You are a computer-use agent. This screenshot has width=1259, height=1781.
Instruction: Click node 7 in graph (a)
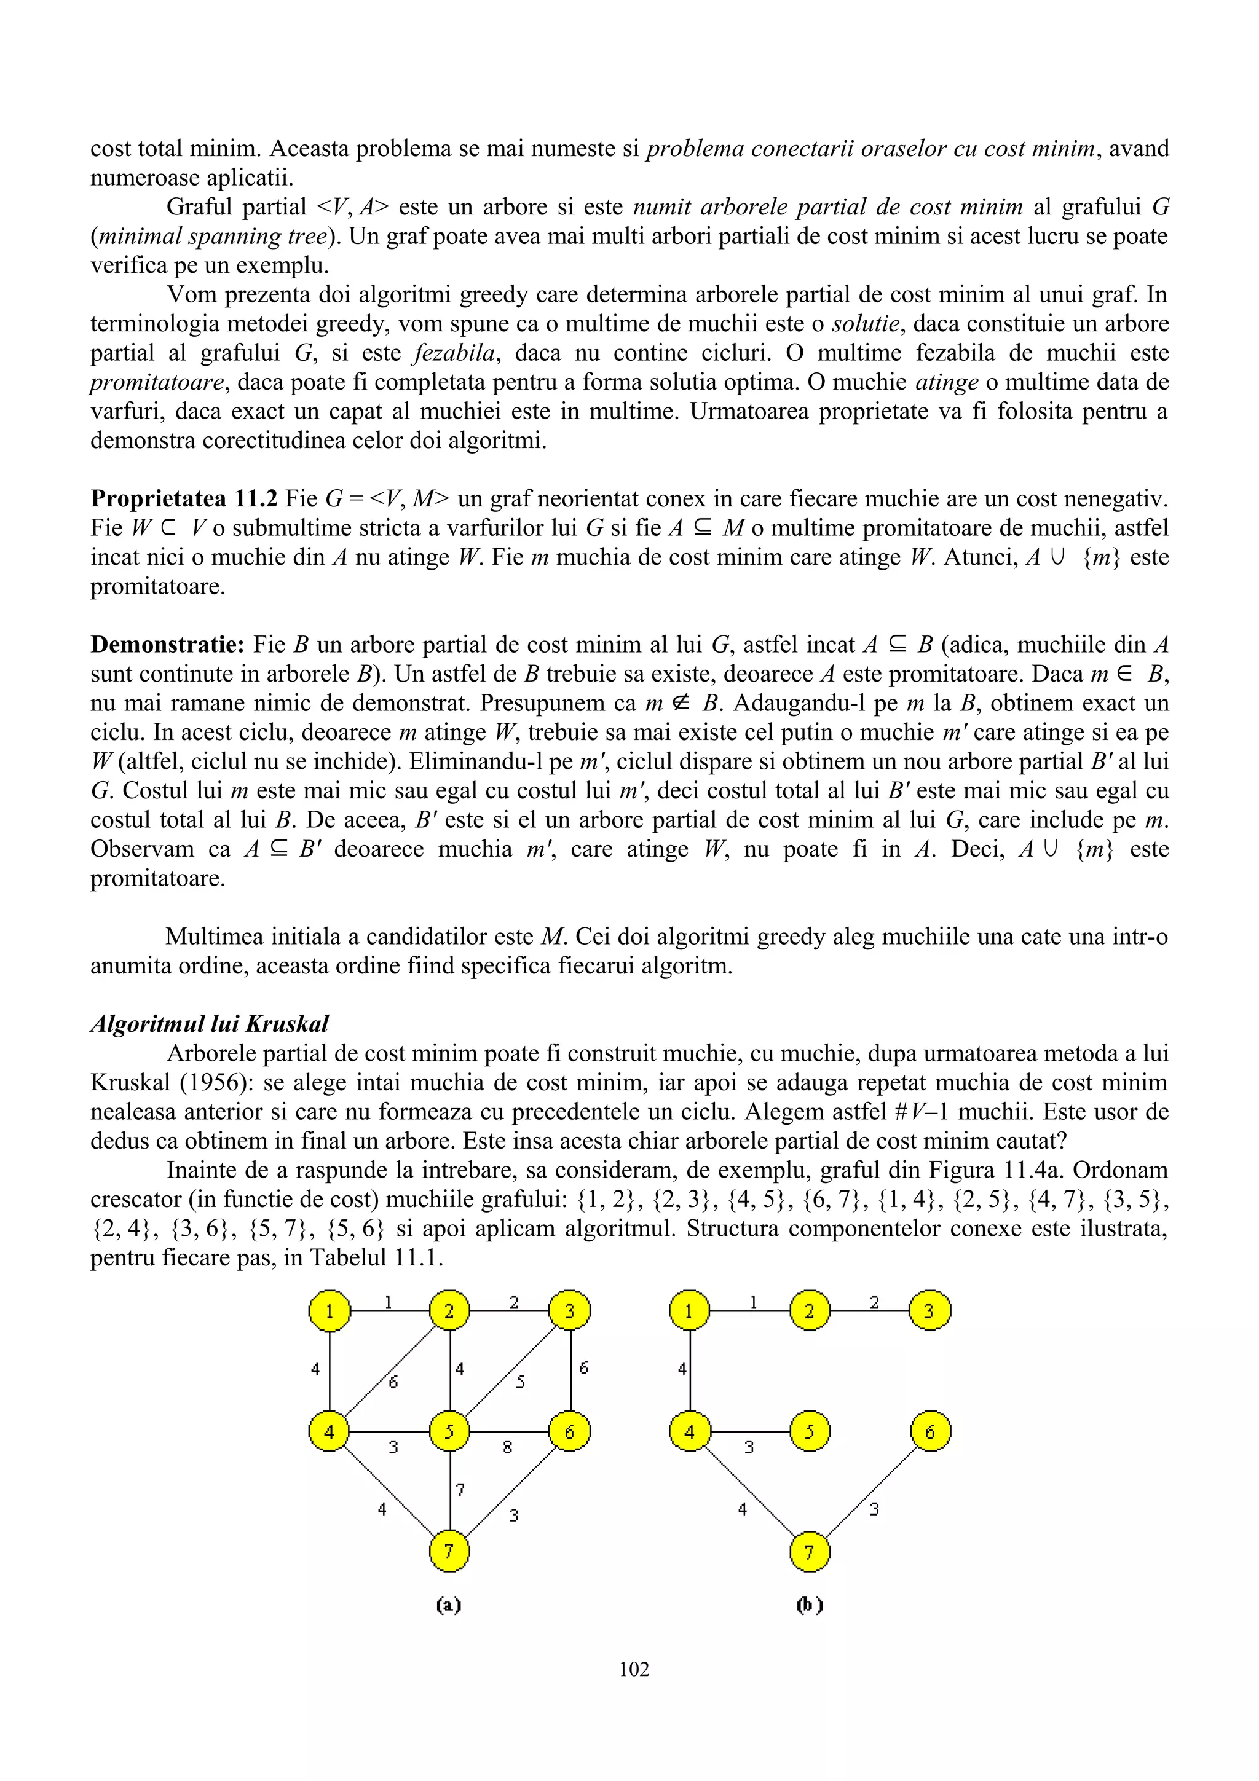(x=449, y=1551)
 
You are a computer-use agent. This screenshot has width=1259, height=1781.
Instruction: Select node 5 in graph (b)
(x=809, y=1431)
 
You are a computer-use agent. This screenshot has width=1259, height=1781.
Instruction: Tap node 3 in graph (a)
(x=569, y=1311)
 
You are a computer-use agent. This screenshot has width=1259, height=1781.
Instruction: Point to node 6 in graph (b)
(x=929, y=1431)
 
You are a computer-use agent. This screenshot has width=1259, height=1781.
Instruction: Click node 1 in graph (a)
(x=329, y=1311)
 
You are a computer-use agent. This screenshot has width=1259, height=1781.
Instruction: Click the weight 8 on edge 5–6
(x=507, y=1447)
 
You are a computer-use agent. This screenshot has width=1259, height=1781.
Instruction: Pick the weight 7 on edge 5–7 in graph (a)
(x=460, y=1489)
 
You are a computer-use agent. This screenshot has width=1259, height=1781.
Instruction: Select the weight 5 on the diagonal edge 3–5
(x=521, y=1382)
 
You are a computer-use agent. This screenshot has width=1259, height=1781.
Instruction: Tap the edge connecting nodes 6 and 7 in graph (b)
(x=870, y=1491)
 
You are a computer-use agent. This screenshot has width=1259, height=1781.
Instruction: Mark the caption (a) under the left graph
(x=448, y=1604)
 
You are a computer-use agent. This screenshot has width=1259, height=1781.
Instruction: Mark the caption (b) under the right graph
(x=809, y=1604)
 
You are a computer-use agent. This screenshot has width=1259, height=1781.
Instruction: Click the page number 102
(x=634, y=1669)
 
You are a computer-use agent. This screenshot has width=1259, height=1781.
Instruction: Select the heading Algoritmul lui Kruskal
(x=210, y=1024)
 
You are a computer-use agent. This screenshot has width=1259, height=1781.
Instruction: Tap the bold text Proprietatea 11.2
(x=184, y=499)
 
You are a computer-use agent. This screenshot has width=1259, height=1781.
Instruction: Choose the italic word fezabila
(x=454, y=353)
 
